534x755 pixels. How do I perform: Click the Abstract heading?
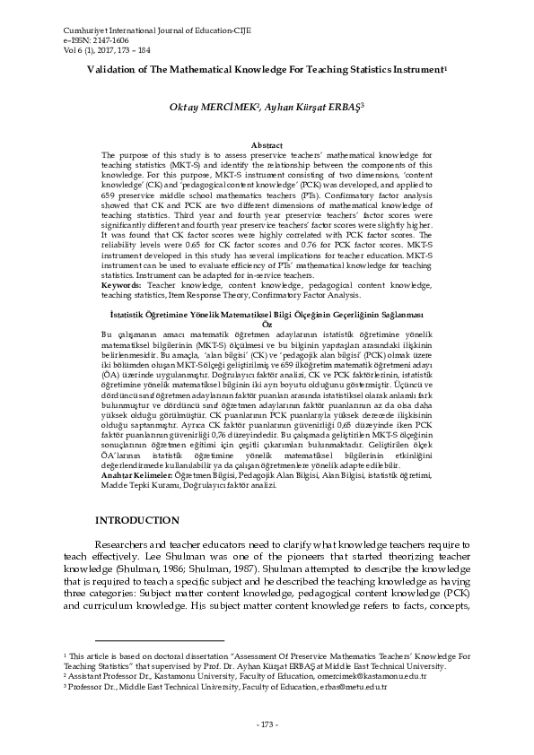[267, 144]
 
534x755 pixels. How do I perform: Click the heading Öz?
[267, 324]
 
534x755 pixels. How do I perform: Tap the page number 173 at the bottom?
[267, 724]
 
